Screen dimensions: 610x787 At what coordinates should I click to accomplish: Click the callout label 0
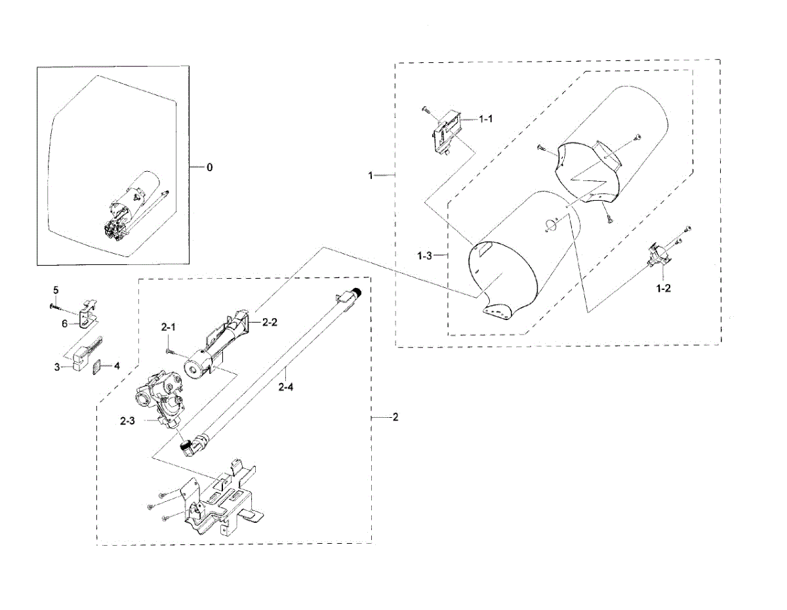click(210, 167)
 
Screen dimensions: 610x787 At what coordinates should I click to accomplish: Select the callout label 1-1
click(486, 119)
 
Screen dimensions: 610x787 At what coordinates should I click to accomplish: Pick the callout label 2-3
click(127, 422)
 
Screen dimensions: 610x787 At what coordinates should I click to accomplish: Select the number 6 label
click(64, 323)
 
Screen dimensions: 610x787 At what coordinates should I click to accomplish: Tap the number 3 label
click(57, 367)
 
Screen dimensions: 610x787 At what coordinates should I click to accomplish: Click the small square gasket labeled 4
click(96, 367)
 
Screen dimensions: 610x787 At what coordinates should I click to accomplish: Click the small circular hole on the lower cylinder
click(549, 224)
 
